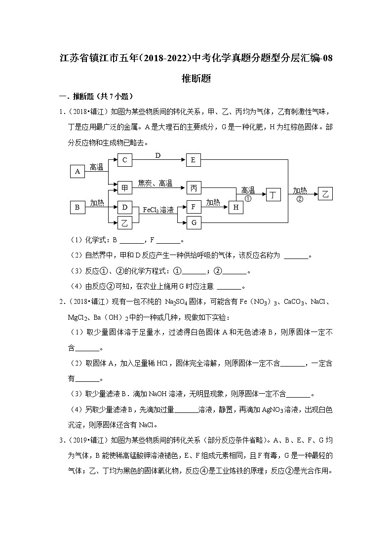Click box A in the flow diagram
[x=78, y=171]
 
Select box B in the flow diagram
[x=78, y=208]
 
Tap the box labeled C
[x=125, y=160]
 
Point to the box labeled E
[x=194, y=160]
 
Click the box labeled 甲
[x=125, y=188]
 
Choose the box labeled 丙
[x=194, y=188]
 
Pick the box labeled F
[x=194, y=207]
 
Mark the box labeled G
[x=194, y=223]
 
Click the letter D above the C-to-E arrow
[x=158, y=155]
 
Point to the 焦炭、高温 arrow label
[x=155, y=184]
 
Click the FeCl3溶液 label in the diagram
[x=158, y=210]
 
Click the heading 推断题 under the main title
[x=196, y=77]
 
